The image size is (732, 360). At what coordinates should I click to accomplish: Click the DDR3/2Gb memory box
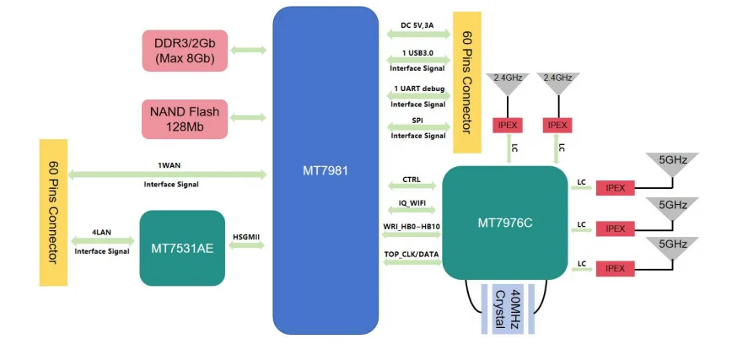tap(185, 51)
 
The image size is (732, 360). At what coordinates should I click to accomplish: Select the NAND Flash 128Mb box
tap(185, 119)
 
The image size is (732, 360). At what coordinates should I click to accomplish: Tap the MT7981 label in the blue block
tap(325, 169)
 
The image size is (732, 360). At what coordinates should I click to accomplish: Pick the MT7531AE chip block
tap(182, 248)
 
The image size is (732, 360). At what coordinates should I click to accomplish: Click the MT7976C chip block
tap(504, 223)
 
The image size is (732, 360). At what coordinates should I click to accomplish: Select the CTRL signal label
tap(412, 180)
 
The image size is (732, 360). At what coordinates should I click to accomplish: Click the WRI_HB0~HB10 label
tap(412, 227)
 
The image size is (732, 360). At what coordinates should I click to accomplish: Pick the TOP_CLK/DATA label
tap(412, 254)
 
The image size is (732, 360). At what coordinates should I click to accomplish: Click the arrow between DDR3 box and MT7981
tap(248, 51)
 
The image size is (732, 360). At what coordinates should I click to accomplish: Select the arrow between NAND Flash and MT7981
tap(248, 119)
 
